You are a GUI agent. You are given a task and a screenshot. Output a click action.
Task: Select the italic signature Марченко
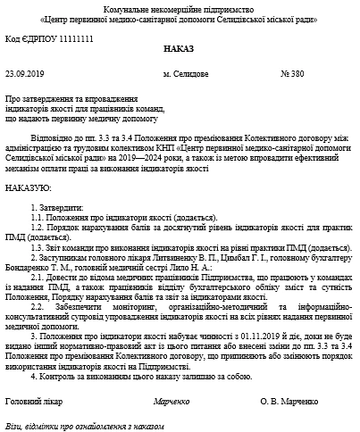(x=172, y=403)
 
